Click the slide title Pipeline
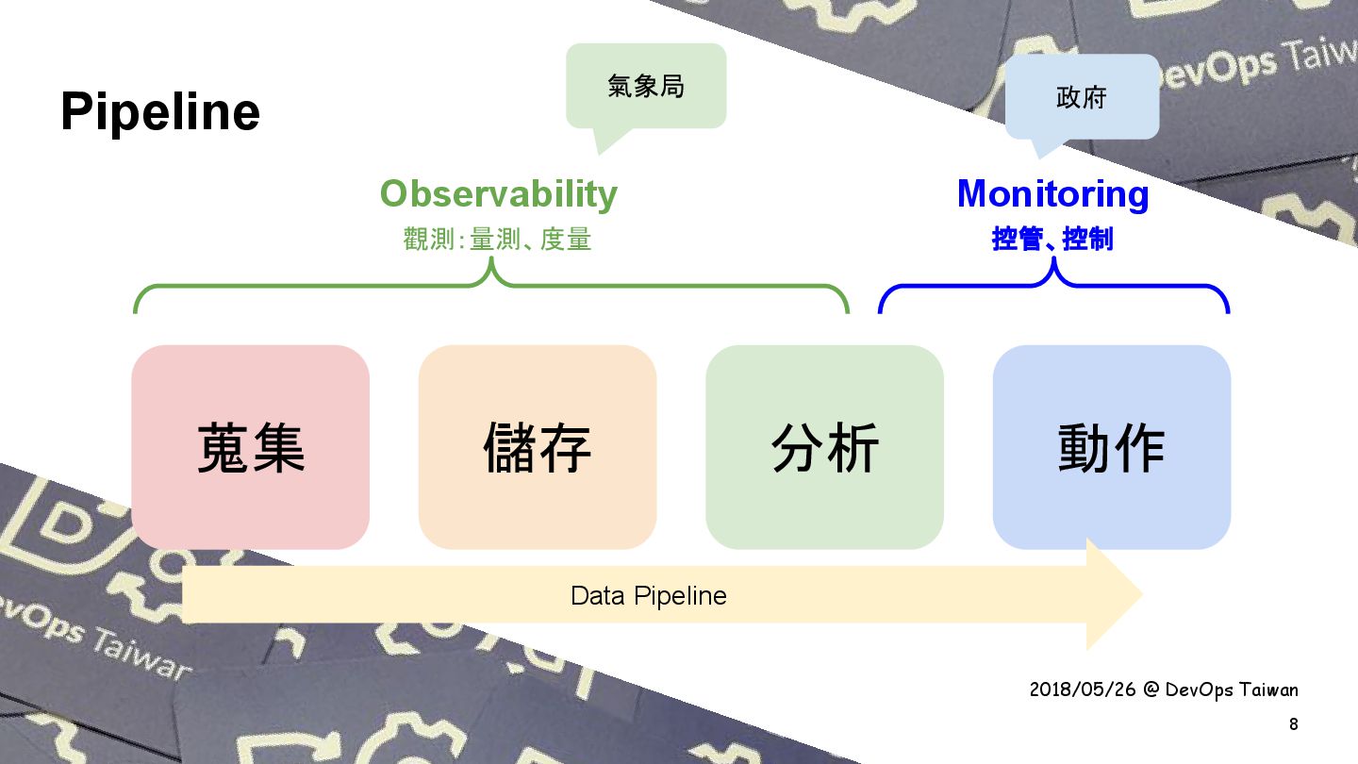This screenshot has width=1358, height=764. [x=160, y=113]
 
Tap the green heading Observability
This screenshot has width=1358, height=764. [x=498, y=193]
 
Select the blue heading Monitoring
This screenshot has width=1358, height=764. [x=1052, y=193]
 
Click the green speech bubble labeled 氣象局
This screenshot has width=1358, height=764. [x=646, y=87]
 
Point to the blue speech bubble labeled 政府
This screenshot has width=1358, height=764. [x=1081, y=97]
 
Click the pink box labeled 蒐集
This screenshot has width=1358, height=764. [x=251, y=447]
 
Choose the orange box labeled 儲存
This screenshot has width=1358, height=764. [x=538, y=447]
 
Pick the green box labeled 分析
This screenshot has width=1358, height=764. [x=824, y=447]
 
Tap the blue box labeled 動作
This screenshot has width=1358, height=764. [x=1111, y=447]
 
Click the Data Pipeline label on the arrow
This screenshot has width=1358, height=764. [x=649, y=596]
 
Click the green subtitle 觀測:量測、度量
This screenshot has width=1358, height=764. [x=497, y=240]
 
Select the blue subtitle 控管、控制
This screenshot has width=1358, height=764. [x=1052, y=240]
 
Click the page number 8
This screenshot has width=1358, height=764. [x=1293, y=724]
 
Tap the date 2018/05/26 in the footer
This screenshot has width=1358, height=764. [x=1083, y=689]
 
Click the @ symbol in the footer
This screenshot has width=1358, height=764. [x=1151, y=689]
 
